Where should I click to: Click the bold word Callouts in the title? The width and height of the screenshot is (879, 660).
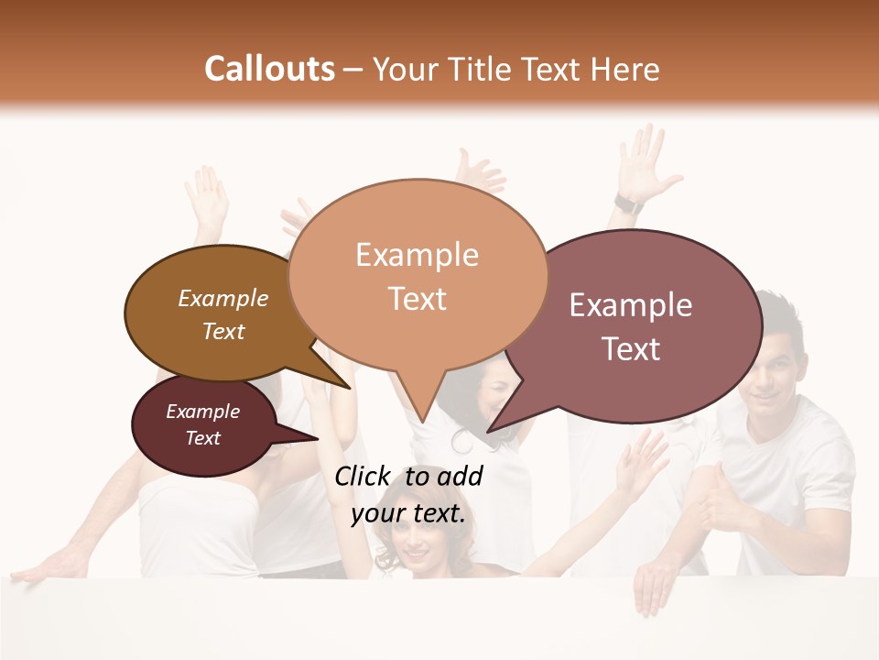click(x=269, y=69)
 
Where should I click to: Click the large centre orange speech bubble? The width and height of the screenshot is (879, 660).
click(x=417, y=275)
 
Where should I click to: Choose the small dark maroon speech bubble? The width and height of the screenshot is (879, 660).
click(x=202, y=425)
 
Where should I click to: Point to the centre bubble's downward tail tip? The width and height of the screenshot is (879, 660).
click(x=421, y=421)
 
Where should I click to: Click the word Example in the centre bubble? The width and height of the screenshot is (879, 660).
click(x=417, y=255)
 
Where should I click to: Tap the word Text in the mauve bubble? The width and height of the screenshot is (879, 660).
click(x=632, y=349)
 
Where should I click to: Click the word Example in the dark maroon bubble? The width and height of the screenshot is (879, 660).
click(x=202, y=412)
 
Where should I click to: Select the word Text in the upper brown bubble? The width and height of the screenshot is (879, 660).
click(x=223, y=331)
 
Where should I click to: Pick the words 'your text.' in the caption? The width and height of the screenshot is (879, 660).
click(x=408, y=513)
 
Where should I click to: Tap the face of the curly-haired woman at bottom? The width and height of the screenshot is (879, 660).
click(x=415, y=545)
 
